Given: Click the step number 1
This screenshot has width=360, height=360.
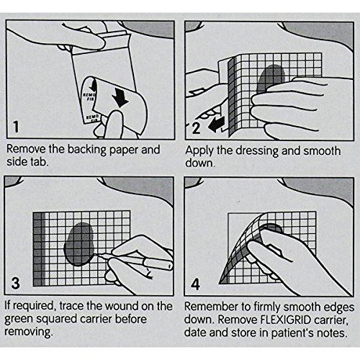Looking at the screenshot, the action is click(x=16, y=127).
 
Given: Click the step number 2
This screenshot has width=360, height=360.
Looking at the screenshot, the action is click(x=196, y=128).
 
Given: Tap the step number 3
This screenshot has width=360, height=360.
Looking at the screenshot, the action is click(x=16, y=283).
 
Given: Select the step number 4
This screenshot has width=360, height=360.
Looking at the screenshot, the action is click(x=195, y=284).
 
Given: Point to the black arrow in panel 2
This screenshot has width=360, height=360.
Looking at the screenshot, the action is click(x=217, y=125).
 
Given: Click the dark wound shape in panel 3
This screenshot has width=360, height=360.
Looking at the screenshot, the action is click(x=79, y=243).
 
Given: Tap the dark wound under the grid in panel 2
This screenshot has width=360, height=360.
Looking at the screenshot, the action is click(x=271, y=78).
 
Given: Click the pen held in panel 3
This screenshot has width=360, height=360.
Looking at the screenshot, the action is click(x=135, y=260).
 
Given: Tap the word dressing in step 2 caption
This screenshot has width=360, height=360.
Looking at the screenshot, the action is click(x=257, y=151).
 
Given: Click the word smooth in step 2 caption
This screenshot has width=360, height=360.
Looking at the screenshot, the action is click(x=322, y=151).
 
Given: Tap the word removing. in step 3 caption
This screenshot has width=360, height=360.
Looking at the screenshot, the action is click(x=28, y=333).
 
